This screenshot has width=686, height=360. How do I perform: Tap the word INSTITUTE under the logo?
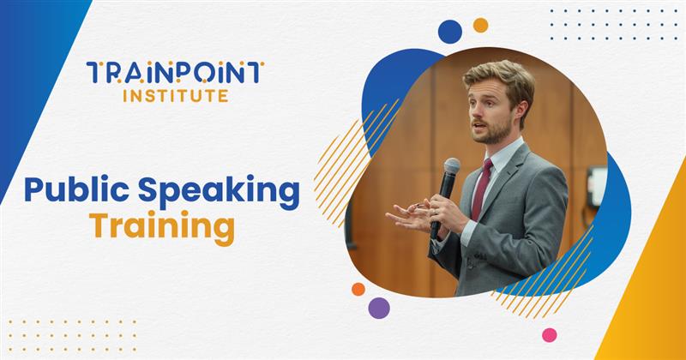[x=175, y=96]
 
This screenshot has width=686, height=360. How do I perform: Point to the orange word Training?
[x=162, y=229]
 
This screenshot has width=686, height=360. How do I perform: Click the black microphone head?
[x=451, y=169]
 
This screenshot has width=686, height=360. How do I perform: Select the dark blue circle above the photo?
[x=450, y=32]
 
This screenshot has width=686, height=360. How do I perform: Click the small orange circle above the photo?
[x=480, y=25]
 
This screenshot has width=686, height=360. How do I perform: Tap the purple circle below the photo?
[x=378, y=308]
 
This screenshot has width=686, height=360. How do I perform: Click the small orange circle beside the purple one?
[x=358, y=289]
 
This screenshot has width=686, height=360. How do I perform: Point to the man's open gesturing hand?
[x=410, y=213]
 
